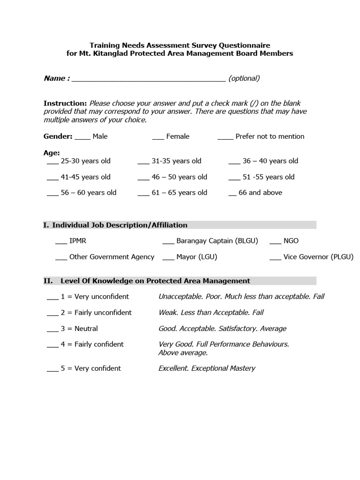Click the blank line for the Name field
click(149, 79)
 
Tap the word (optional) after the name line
click(244, 78)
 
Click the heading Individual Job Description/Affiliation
click(120, 225)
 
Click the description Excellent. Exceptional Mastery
click(207, 368)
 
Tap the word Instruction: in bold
click(65, 103)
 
